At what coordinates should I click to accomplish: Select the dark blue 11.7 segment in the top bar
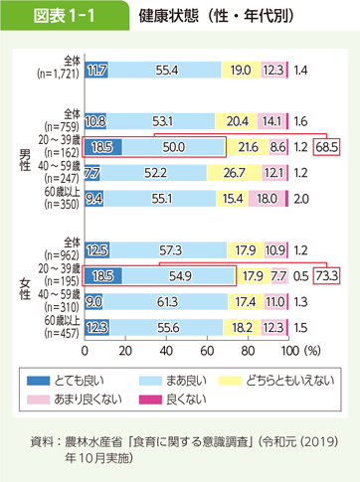(x=97, y=71)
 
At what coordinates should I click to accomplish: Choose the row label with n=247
(x=56, y=172)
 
